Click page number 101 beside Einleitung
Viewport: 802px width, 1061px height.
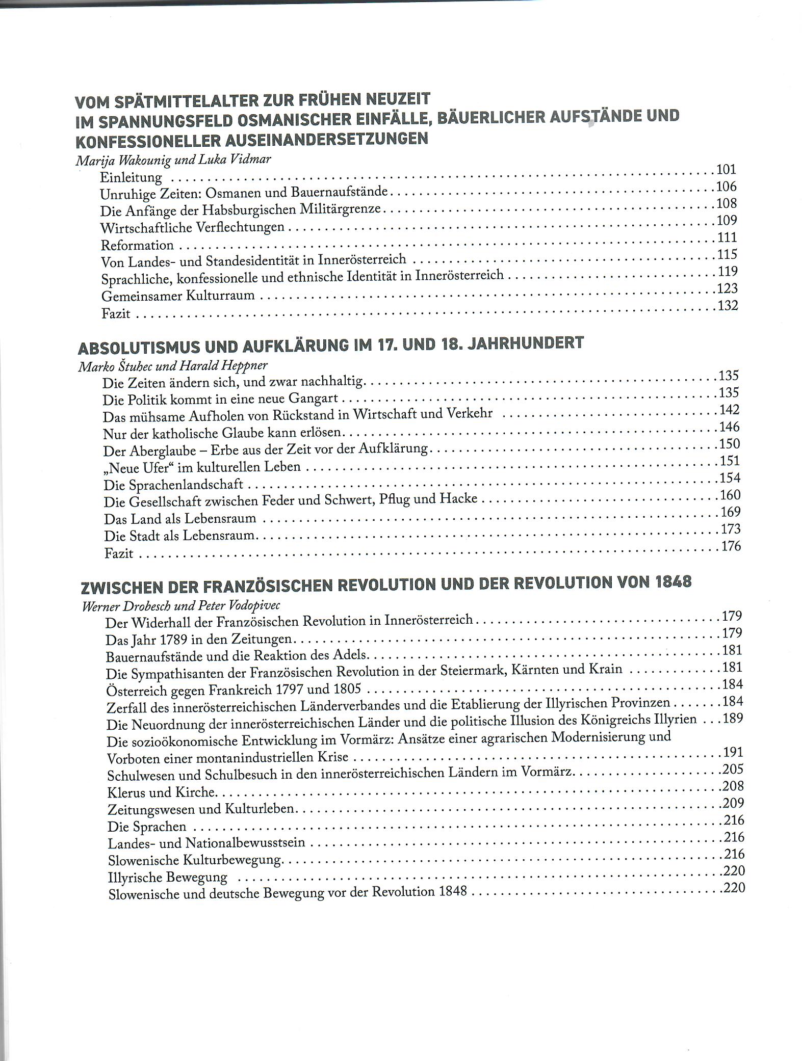[x=726, y=170]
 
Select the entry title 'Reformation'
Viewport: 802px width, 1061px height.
[x=137, y=245]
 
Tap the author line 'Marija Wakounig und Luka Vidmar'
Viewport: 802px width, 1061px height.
[x=173, y=160]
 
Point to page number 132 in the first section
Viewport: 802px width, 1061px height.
[x=728, y=306]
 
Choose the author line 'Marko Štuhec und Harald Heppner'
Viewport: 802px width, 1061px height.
[x=173, y=366]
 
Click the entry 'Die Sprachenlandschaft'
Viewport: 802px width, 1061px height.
[x=173, y=485]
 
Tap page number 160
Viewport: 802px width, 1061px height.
[x=730, y=495]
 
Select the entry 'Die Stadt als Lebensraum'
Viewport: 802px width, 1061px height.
[x=179, y=536]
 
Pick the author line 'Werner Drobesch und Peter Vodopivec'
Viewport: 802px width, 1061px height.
[x=180, y=606]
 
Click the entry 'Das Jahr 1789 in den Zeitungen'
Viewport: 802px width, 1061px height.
[x=198, y=639]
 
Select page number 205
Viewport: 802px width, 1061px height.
[x=733, y=769]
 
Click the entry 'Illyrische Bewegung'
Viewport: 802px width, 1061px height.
[x=167, y=878]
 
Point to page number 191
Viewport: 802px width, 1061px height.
[x=733, y=752]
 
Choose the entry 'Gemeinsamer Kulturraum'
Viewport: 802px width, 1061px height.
[x=178, y=296]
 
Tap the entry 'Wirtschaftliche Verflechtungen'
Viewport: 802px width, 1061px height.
[x=192, y=227]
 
